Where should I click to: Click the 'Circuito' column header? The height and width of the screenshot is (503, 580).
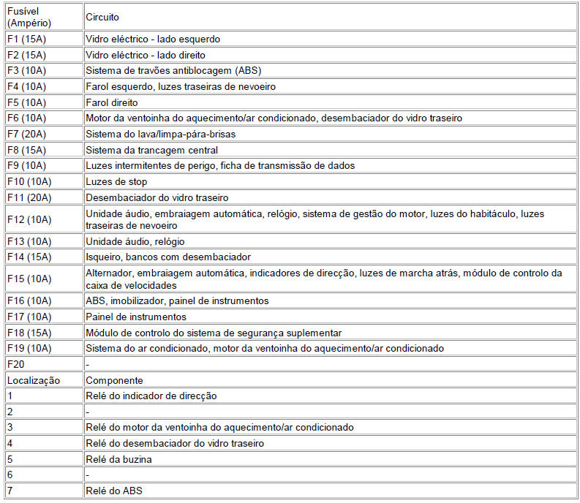pos(102,17)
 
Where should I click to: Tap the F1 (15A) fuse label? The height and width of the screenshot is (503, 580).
pos(26,39)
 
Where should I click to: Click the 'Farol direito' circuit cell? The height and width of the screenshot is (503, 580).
pos(111,102)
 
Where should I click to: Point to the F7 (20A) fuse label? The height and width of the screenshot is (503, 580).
pos(26,134)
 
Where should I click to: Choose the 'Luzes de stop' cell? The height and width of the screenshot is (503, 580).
pos(116,181)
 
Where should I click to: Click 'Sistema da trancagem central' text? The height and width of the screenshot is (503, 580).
pos(151,150)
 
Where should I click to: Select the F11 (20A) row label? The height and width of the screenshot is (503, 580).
pos(29,197)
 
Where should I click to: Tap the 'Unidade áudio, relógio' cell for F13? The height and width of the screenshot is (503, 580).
pos(135,241)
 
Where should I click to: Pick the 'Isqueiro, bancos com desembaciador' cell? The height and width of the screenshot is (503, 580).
pos(168,257)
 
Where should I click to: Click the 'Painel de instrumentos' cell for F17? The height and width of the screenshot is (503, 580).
pos(136,317)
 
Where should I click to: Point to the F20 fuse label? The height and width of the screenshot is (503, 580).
pos(16,364)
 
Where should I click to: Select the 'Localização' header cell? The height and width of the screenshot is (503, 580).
pos(34,380)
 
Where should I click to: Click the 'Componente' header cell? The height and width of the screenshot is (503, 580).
pos(114,380)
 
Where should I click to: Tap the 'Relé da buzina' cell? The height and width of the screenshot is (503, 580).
pos(118,459)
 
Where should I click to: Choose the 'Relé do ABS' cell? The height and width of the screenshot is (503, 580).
pos(114,491)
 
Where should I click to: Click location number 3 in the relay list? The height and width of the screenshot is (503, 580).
pos(10,427)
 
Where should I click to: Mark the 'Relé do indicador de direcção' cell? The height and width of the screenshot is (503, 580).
pos(151,396)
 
